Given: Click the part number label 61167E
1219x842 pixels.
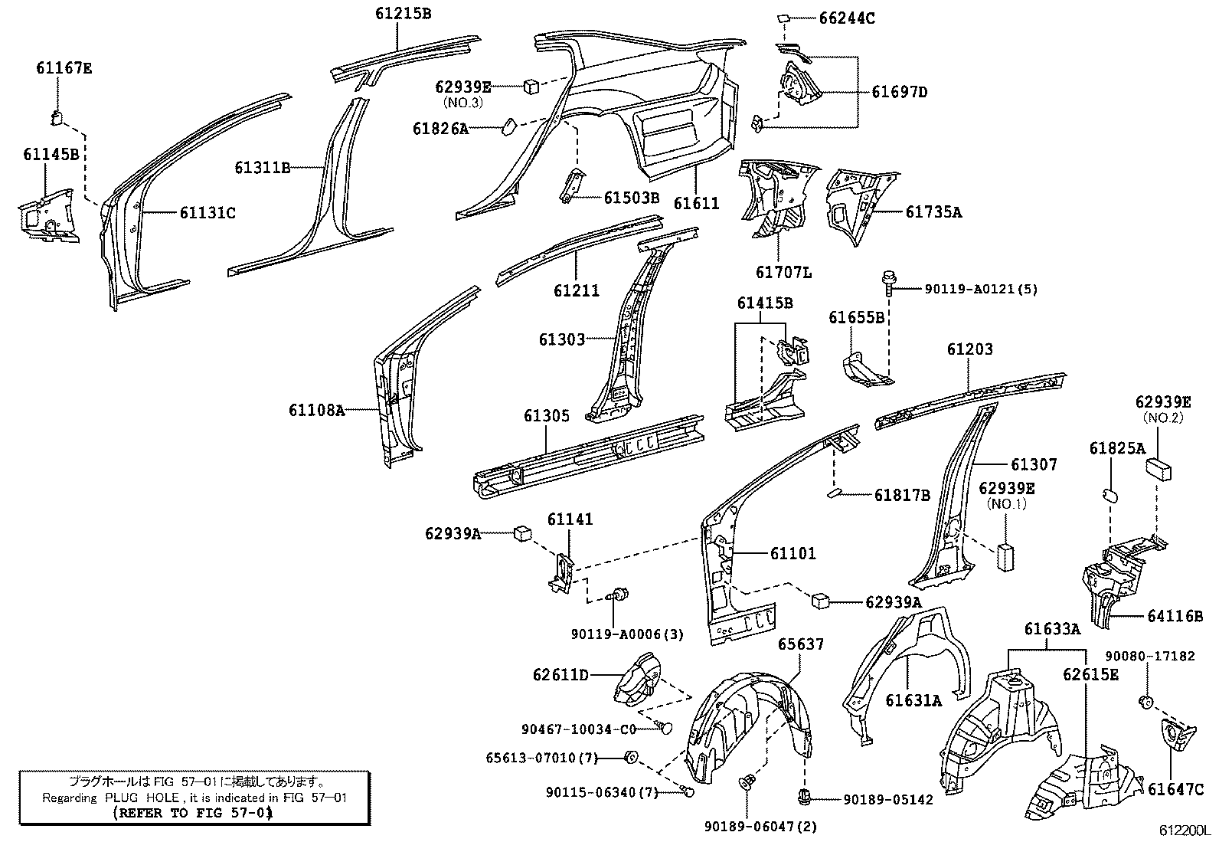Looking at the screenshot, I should [64, 68].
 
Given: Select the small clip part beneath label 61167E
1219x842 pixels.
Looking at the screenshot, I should [56, 116].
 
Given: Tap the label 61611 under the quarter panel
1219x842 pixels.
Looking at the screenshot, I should [696, 203].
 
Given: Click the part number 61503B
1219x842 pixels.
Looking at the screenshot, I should [631, 198].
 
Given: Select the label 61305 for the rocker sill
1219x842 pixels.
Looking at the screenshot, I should [546, 416].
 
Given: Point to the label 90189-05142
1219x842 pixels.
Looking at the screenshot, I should [888, 800].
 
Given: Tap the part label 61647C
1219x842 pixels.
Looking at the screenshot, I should [1175, 788].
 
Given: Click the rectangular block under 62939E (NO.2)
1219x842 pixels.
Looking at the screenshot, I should [1160, 468].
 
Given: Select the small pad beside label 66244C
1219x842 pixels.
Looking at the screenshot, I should [785, 17].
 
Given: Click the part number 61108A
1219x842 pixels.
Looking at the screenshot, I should [316, 411].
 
